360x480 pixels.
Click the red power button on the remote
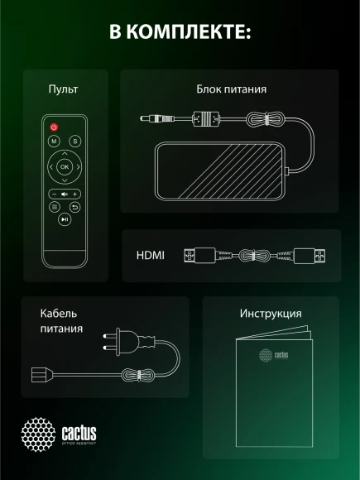[55, 127]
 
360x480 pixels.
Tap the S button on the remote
[74, 142]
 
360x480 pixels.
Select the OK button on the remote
[65, 167]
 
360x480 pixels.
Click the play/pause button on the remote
[65, 219]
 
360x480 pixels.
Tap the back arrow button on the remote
[75, 207]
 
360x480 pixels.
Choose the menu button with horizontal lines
[54, 207]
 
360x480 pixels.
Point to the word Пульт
[64, 89]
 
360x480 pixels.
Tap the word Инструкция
[271, 314]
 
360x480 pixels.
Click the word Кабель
[58, 314]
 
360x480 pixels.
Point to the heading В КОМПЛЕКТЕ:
[180, 32]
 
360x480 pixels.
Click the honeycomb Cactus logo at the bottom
[38, 434]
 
